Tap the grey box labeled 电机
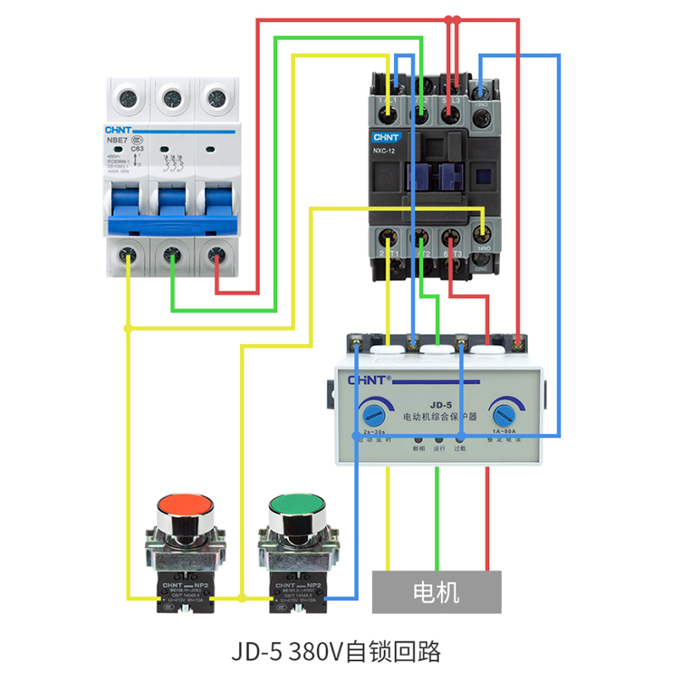click(x=436, y=592)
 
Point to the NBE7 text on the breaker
click(x=117, y=141)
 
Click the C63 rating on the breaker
click(x=137, y=148)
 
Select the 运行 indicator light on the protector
click(x=438, y=438)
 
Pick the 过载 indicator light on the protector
click(x=460, y=438)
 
